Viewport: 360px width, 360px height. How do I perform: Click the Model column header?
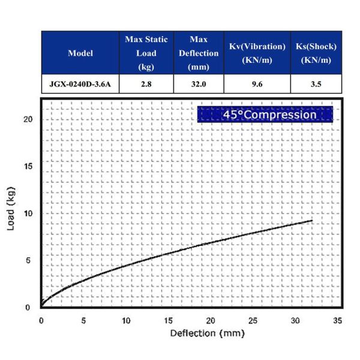[80, 53]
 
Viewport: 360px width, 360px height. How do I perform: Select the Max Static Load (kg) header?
[146, 53]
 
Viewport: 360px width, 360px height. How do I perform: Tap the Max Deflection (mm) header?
[199, 53]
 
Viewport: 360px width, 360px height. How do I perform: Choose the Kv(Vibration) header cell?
[257, 53]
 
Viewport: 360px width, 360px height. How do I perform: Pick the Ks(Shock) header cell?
[316, 53]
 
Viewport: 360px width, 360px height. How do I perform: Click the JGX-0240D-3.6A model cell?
[80, 85]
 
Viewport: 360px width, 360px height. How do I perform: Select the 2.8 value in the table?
[146, 85]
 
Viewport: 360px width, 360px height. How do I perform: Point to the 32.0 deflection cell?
[199, 85]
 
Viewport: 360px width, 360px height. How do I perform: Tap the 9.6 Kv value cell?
[257, 85]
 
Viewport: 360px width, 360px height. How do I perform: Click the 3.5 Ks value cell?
[316, 85]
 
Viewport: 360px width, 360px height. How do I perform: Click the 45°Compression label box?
[265, 114]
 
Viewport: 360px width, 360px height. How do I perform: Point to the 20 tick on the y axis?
[26, 119]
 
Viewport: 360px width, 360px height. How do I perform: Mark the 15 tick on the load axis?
[26, 166]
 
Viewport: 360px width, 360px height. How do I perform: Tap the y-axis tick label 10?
[26, 213]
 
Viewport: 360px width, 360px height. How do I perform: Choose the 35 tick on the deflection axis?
[338, 320]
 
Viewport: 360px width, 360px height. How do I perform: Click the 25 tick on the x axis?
[253, 320]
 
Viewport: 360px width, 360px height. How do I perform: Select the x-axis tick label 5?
[83, 320]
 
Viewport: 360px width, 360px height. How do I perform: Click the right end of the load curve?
[313, 220]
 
